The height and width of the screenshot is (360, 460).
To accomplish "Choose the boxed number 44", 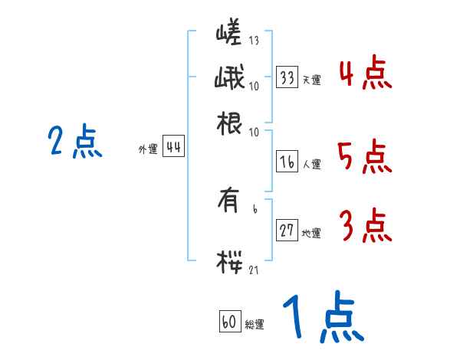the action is pos(173,148).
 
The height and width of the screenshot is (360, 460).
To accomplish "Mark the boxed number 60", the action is pos(228,322).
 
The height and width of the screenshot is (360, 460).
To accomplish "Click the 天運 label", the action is pos(311,80).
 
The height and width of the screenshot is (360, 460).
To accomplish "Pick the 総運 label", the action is pos(254,325).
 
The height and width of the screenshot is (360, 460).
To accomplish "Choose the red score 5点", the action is pos(366,158).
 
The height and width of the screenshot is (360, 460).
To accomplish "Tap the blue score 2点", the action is pos(75,142).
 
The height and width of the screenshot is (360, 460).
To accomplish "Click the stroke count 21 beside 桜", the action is pos(254,270).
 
